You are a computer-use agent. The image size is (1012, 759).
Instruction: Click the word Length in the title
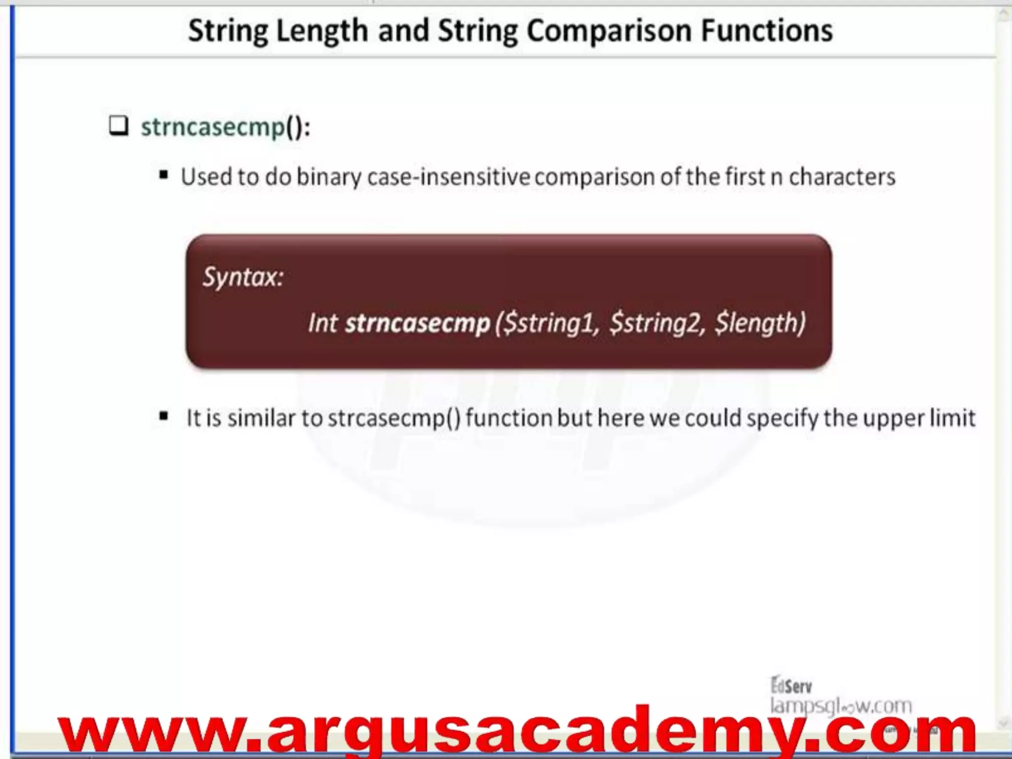pos(322,31)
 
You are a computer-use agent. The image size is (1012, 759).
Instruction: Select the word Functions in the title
pos(767,31)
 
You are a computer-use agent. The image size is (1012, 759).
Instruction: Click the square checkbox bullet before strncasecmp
pos(119,126)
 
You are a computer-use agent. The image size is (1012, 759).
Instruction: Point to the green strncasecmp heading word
pos(213,127)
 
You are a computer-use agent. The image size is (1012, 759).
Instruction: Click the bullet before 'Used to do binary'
pos(164,175)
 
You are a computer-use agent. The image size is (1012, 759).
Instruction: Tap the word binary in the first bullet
pos(329,177)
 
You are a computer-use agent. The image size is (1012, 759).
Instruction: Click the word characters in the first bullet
pos(842,177)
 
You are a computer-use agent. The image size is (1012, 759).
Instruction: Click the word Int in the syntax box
pos(322,323)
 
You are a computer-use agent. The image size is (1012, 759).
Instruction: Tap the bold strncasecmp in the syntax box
pos(417,323)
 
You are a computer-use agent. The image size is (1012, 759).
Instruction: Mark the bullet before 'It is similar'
pos(164,417)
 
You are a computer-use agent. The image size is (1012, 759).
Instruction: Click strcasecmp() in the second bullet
pos(394,418)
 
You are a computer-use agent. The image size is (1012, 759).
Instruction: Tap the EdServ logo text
pos(791,685)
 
